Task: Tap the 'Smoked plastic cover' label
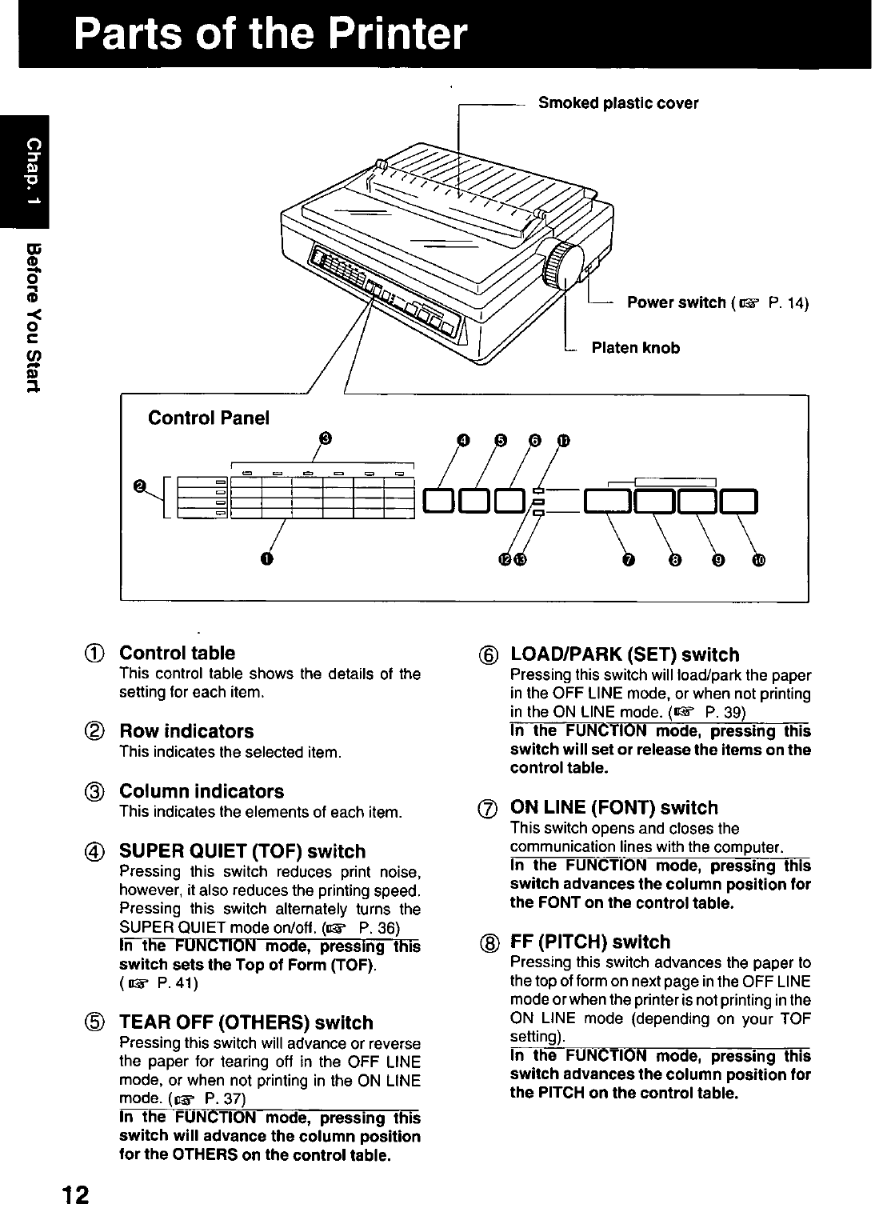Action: coord(617,103)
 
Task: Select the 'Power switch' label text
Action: coord(676,303)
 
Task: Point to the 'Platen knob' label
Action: coord(635,348)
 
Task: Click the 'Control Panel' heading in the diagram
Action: coord(209,418)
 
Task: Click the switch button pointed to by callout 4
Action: coord(439,502)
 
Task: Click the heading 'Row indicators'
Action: coord(186,731)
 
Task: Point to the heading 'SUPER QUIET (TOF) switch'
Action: coord(242,851)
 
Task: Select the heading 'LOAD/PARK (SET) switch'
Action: coord(624,654)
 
